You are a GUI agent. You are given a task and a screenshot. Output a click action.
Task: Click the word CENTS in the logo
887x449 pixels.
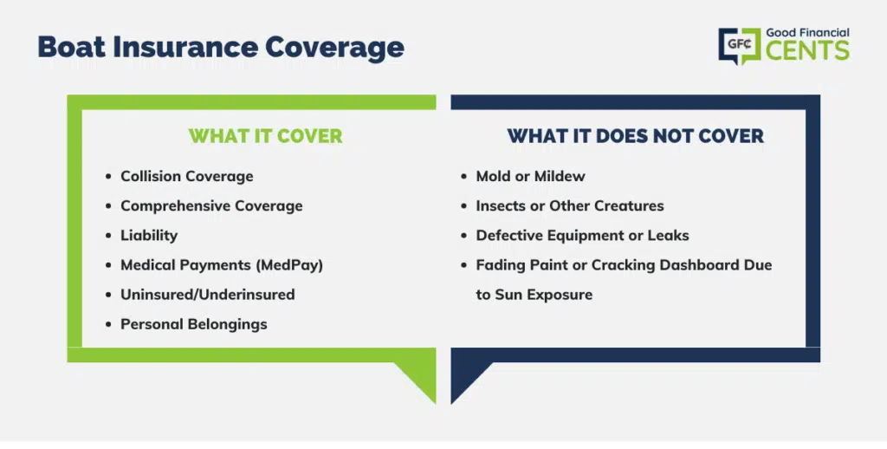pos(807,50)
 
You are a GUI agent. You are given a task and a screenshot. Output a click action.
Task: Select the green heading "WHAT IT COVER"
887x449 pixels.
pos(265,136)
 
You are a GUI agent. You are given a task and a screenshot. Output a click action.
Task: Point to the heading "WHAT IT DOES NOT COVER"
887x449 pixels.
pos(635,136)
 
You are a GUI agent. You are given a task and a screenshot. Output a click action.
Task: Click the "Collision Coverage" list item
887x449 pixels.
pos(187,176)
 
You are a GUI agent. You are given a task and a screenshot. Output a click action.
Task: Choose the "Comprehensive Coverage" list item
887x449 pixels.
pos(211,206)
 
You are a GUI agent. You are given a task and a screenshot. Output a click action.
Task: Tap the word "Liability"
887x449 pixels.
pos(149,236)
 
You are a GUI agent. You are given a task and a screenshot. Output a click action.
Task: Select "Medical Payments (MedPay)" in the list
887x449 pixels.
pos(222,265)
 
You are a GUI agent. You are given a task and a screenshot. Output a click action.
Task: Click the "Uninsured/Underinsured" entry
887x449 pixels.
pos(208,295)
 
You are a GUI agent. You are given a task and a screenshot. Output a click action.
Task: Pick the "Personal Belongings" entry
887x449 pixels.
pos(193,324)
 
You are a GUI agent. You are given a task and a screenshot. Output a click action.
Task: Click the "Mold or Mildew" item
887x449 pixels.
pos(531,176)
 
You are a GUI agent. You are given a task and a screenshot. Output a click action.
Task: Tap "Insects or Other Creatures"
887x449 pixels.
pos(570,205)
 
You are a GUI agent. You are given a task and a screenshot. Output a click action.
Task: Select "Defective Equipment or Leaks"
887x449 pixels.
pos(582,236)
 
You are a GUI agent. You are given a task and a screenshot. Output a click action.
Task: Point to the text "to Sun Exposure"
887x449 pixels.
pos(534,295)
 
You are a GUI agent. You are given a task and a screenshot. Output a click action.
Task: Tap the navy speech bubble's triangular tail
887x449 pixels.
pos(465,377)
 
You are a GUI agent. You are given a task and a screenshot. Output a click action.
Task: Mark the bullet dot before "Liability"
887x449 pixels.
pos(108,236)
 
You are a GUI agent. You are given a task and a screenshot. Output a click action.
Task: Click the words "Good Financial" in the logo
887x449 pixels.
pos(807,33)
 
